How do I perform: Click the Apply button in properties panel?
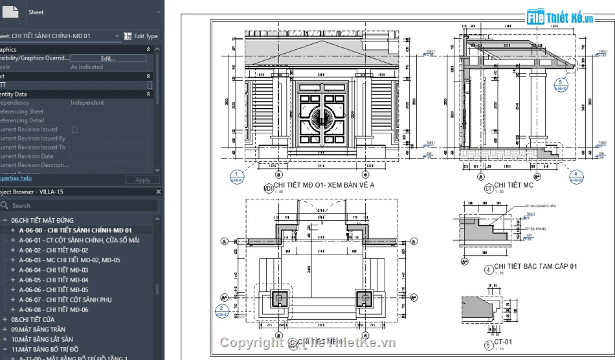pos(142,180)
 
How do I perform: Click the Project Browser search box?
pos(81,205)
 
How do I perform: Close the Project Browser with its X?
pos(159,192)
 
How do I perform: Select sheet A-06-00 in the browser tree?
pos(75,230)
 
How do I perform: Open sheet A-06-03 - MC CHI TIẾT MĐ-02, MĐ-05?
pos(69,260)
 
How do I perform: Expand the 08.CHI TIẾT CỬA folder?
pos(6,319)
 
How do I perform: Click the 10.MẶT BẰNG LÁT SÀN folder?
pos(41,339)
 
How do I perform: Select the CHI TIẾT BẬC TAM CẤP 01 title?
pos(535,266)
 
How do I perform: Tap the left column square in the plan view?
pos(279,297)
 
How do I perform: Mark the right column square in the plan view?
pos(363,297)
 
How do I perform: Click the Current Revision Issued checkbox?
pos(74,129)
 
